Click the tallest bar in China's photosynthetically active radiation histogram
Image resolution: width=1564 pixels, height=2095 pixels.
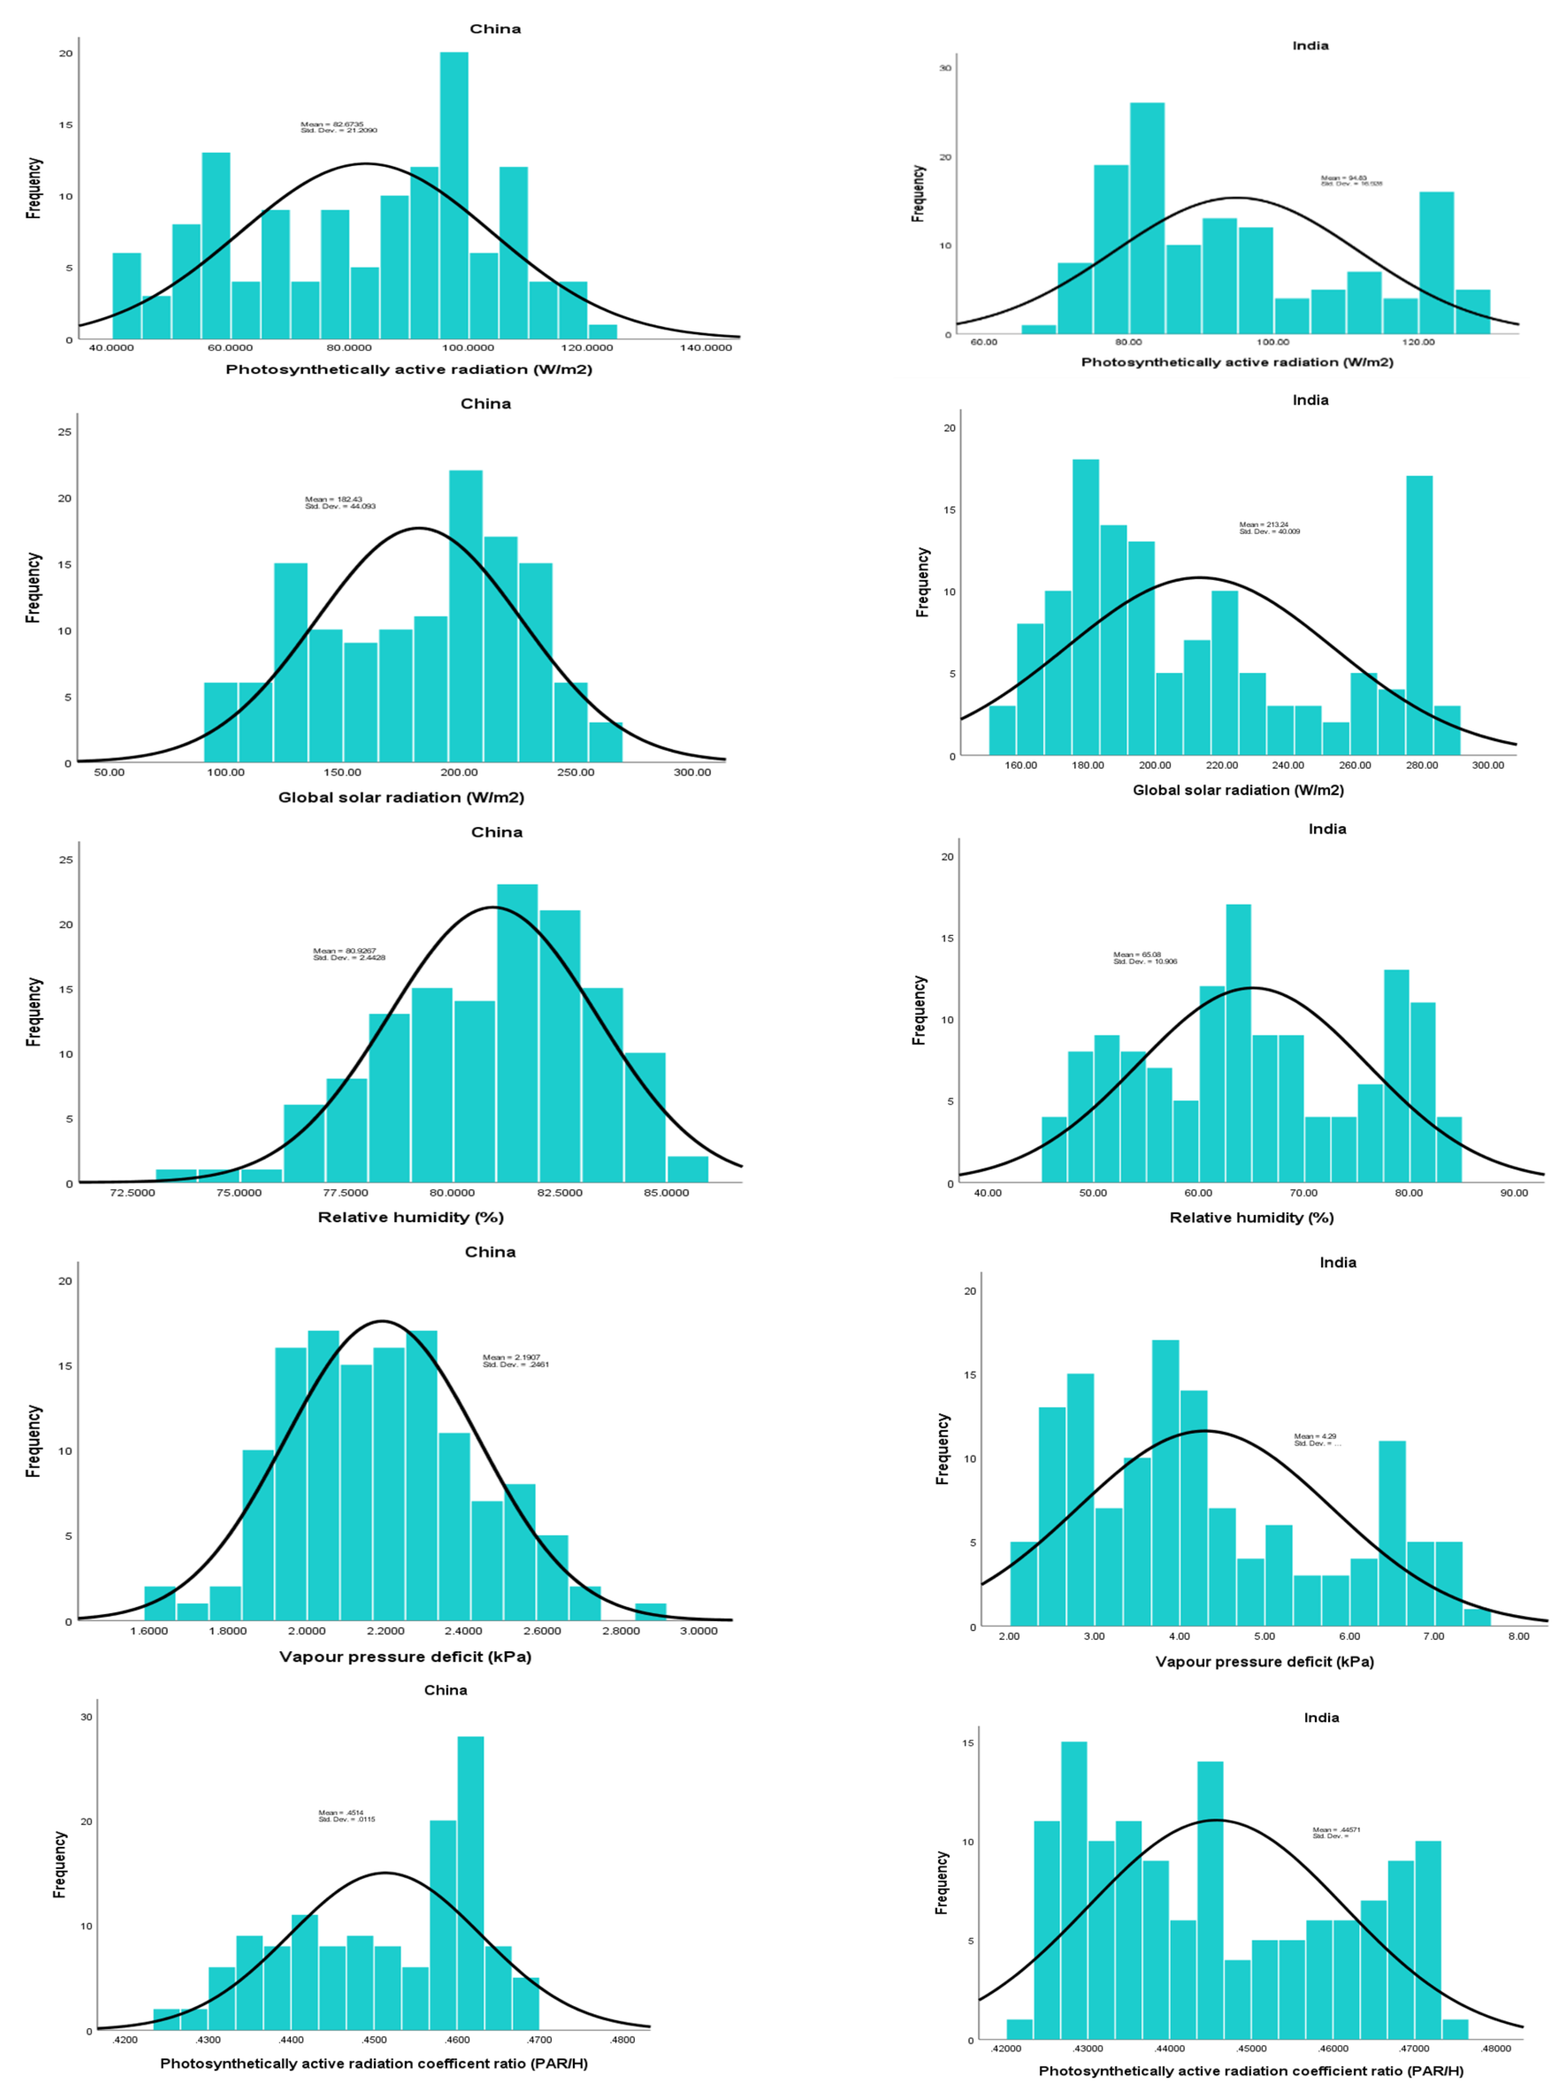pyautogui.click(x=454, y=194)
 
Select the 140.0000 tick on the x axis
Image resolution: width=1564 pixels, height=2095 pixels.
pyautogui.click(x=705, y=347)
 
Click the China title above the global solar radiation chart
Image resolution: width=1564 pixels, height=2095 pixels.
pyautogui.click(x=485, y=403)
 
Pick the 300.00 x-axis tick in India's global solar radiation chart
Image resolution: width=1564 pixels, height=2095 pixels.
pyautogui.click(x=1487, y=765)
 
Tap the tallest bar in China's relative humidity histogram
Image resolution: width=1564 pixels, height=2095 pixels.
pyautogui.click(x=517, y=1032)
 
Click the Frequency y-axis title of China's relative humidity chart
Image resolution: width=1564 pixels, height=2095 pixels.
pyautogui.click(x=34, y=1011)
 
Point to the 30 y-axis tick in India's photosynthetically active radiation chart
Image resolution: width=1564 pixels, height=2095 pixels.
pyautogui.click(x=945, y=68)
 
